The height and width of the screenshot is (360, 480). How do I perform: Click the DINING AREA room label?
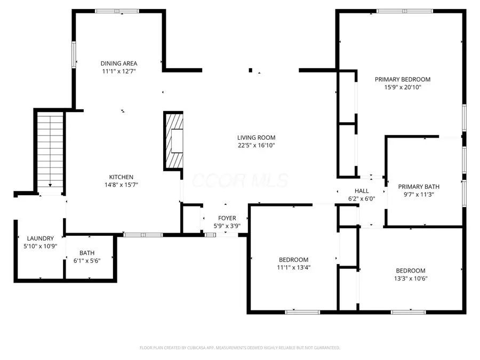(x=119, y=63)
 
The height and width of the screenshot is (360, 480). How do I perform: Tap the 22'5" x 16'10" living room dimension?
(x=256, y=146)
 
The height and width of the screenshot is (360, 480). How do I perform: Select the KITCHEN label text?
(x=121, y=177)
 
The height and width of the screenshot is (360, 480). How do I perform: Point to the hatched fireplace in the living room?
(x=173, y=140)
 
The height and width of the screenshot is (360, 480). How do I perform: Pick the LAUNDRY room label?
(x=41, y=238)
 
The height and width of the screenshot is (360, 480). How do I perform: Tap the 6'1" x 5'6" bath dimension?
(x=87, y=261)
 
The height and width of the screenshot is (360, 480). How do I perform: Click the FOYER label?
(x=227, y=218)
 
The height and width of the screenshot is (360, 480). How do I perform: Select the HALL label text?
(x=362, y=191)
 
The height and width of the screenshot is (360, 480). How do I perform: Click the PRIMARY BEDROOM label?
(x=403, y=79)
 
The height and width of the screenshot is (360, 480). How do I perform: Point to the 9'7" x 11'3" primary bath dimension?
(x=419, y=194)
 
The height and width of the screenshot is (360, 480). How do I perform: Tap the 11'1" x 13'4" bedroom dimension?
(x=293, y=268)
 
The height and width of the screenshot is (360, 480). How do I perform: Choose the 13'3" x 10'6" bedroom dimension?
(x=411, y=278)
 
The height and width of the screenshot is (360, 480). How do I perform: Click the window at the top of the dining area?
(x=117, y=11)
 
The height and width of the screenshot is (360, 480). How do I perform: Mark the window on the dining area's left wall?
(x=74, y=54)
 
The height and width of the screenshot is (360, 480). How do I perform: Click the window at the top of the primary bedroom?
(x=405, y=11)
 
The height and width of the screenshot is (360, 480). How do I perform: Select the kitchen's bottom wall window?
(x=143, y=235)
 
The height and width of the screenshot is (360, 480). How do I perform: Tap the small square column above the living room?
(x=251, y=70)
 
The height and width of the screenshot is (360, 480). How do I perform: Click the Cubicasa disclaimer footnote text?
(x=239, y=348)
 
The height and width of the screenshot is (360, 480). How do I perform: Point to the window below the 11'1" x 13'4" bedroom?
(x=302, y=312)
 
